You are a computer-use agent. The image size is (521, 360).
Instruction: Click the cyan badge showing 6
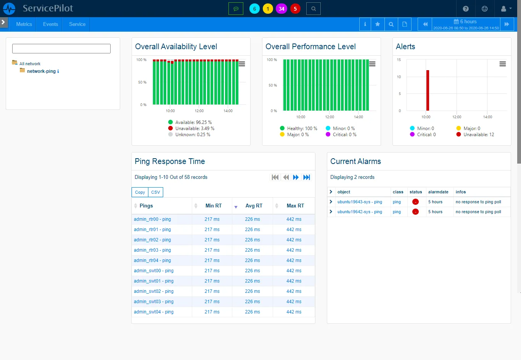(254, 9)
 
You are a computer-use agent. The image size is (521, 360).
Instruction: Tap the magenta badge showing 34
(281, 9)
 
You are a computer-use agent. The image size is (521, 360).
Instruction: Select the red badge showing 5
(295, 9)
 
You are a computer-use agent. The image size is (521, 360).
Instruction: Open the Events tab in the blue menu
(50, 24)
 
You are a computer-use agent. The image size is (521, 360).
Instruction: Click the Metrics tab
(24, 24)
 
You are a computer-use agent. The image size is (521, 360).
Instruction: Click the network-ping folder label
(41, 71)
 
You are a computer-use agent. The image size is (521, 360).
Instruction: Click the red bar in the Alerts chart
(428, 90)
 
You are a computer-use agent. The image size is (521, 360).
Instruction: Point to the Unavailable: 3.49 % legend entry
(195, 129)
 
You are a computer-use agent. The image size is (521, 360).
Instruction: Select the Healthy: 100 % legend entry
(302, 129)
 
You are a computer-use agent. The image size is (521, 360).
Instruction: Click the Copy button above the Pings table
(140, 192)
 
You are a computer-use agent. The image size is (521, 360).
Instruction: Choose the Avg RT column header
(254, 206)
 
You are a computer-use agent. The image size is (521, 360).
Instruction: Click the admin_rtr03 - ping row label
(152, 250)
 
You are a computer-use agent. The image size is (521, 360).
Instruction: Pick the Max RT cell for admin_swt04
(294, 312)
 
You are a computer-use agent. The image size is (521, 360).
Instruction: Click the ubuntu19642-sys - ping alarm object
(359, 212)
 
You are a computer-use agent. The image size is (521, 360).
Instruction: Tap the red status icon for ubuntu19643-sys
(415, 202)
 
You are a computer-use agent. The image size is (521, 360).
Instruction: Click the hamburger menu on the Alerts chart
(503, 64)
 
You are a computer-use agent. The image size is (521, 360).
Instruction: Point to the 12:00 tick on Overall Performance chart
(330, 117)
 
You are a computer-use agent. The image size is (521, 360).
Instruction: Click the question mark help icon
(466, 9)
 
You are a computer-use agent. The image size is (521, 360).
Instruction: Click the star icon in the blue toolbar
(378, 24)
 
